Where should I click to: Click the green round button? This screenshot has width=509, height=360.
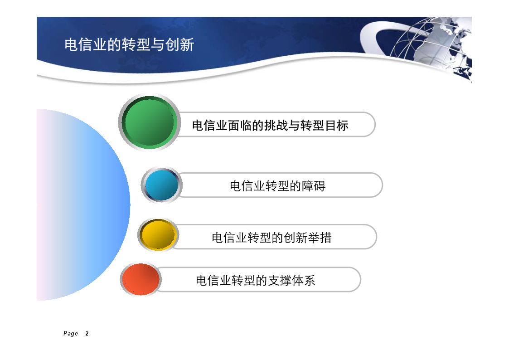pyautogui.click(x=149, y=122)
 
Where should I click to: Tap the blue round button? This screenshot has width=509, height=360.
pyautogui.click(x=162, y=185)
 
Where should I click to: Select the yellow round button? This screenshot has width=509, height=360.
pyautogui.click(x=158, y=235)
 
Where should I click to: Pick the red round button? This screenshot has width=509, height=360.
pyautogui.click(x=141, y=279)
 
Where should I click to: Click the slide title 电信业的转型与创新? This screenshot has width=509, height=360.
pyautogui.click(x=129, y=44)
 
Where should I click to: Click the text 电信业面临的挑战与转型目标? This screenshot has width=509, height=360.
pyautogui.click(x=270, y=125)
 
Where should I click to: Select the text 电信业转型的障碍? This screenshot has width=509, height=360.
pyautogui.click(x=277, y=186)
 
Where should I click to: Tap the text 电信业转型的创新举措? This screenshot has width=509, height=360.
pyautogui.click(x=271, y=238)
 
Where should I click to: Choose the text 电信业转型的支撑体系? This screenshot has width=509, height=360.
pyautogui.click(x=256, y=281)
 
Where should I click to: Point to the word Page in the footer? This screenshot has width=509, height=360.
pyautogui.click(x=71, y=333)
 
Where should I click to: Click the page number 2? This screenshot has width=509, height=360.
pyautogui.click(x=87, y=333)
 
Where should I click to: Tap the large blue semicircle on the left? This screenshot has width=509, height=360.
pyautogui.click(x=83, y=204)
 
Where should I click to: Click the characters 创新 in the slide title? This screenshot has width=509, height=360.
pyautogui.click(x=180, y=44)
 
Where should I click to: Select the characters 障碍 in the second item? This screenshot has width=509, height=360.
pyautogui.click(x=314, y=186)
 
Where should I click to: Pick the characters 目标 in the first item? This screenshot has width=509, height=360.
pyautogui.click(x=337, y=125)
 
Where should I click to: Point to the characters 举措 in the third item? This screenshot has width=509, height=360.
pyautogui.click(x=320, y=238)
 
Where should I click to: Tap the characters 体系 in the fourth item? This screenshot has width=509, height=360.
pyautogui.click(x=303, y=281)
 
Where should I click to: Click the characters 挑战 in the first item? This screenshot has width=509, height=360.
pyautogui.click(x=276, y=125)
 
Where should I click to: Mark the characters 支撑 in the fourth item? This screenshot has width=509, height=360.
pyautogui.click(x=279, y=281)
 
